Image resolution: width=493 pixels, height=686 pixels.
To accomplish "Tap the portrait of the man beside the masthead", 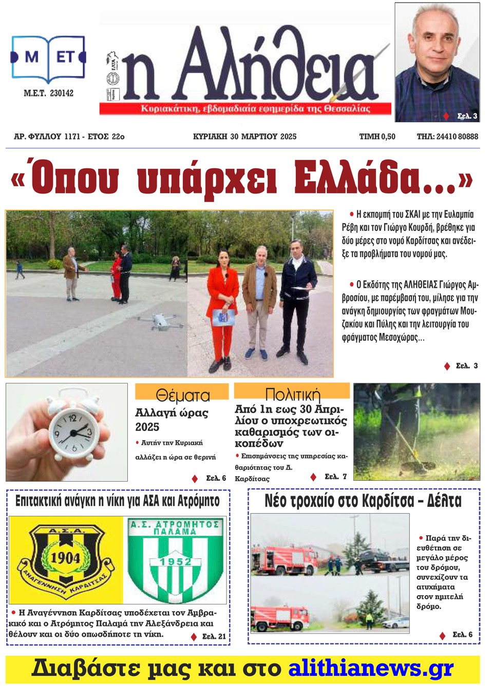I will pos(437,62).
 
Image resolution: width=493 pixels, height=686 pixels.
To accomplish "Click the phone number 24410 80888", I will pos(447,136).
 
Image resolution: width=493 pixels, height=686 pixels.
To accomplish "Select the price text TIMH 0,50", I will pos(377,136).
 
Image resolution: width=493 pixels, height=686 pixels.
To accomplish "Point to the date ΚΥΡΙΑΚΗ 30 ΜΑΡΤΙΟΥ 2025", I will pos(244,136).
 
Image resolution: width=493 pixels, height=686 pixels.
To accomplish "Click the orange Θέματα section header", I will pos(182,394).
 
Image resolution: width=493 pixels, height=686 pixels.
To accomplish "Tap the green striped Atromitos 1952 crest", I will pos(175,560).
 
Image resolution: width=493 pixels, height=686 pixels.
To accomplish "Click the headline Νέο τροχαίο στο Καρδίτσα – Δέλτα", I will pos(363,501).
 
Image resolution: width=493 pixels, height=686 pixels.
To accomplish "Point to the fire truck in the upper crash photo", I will pos(277,560).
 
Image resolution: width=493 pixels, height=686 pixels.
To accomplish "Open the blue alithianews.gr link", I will pos(371,669).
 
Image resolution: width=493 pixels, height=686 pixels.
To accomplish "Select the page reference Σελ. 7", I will pos(335,477).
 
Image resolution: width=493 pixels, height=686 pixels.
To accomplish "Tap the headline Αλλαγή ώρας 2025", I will pos(171,420).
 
